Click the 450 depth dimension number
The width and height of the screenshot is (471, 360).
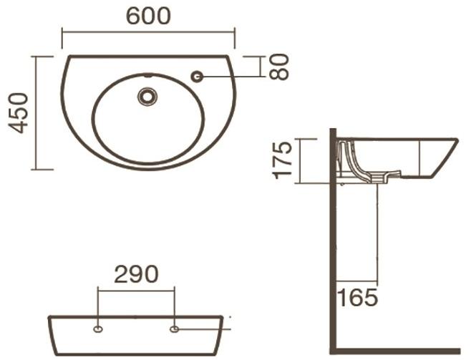[18, 112]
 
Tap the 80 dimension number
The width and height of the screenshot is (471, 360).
[279, 67]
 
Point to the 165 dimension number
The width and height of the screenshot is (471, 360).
[358, 296]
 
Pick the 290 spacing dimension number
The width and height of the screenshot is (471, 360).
[135, 274]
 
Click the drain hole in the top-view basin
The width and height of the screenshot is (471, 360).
[148, 95]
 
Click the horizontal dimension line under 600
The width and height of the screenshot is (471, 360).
[148, 31]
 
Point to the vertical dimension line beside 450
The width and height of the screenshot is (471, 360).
[34, 112]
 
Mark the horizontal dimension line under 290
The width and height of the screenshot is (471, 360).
[135, 291]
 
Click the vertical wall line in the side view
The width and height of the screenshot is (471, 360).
[333, 243]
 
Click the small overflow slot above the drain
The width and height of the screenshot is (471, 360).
[148, 75]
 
